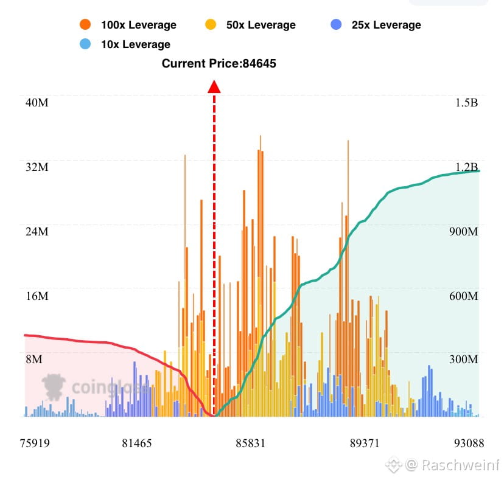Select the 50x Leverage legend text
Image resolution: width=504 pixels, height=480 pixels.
pos(261,25)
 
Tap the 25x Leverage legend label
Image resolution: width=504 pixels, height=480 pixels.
pos(386,25)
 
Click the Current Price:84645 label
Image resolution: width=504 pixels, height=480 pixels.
pos(219,63)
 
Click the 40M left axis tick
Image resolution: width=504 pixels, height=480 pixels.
pos(37,102)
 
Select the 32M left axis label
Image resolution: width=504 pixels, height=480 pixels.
pos(37,167)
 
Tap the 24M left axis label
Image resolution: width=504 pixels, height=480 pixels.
pos(37,232)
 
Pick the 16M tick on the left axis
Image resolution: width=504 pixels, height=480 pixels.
pos(37,296)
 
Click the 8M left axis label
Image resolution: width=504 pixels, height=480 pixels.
pos(34,360)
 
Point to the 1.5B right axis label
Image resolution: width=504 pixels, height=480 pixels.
pos(466,102)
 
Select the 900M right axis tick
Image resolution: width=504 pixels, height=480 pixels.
pos(464,232)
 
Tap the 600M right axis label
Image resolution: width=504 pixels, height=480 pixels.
pos(464,296)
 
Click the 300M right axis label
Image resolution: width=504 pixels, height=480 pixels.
pos(464,360)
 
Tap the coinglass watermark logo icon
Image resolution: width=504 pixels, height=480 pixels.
pos(54,386)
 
